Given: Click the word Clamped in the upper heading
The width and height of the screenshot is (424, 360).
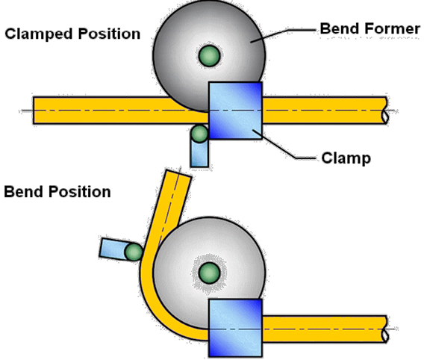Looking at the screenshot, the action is point(39,34).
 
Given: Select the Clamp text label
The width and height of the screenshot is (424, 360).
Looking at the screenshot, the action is point(346,158).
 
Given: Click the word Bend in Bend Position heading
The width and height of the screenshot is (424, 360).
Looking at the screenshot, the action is point(24,191).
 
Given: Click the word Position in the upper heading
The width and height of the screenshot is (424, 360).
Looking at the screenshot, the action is point(109,34).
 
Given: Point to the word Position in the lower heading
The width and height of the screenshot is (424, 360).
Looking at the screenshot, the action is point(79,191).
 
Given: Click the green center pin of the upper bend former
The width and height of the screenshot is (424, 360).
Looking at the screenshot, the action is point(209,56).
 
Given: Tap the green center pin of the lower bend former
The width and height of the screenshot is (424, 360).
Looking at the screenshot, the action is point(209,273).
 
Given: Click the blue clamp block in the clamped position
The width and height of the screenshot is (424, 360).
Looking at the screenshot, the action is point(236,111).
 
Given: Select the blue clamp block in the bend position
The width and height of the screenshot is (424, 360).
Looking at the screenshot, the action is point(236,328).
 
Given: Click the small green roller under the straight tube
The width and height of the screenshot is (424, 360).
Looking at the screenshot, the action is point(199,134).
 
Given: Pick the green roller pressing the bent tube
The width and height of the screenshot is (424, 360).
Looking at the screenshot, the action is point(134,252).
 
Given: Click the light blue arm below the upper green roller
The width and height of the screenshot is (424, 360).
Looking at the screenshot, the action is point(199,153).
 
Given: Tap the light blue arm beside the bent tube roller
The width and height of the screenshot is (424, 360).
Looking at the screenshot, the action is point(113,248).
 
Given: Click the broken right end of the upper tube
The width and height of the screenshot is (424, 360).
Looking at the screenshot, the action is point(385,111).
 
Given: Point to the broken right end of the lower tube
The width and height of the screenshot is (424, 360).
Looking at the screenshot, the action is point(385,329).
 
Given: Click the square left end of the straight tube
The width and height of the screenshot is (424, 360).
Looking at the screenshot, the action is point(34,111).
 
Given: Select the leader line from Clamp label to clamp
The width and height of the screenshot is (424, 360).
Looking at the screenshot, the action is point(284,147).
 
